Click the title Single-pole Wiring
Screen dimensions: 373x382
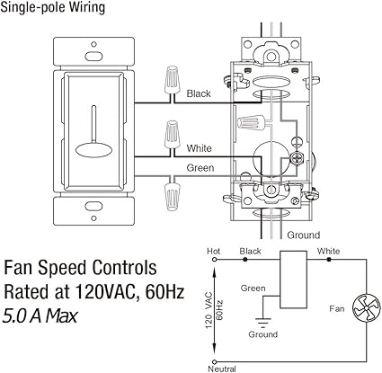tap(53, 8)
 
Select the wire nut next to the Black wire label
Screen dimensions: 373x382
tap(168, 84)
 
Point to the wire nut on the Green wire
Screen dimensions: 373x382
tap(168, 191)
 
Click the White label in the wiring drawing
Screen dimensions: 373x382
tap(199, 147)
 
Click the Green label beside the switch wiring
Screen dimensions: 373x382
tap(200, 168)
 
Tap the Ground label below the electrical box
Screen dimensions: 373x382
tap(304, 234)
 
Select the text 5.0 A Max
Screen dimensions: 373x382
tap(40, 315)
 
